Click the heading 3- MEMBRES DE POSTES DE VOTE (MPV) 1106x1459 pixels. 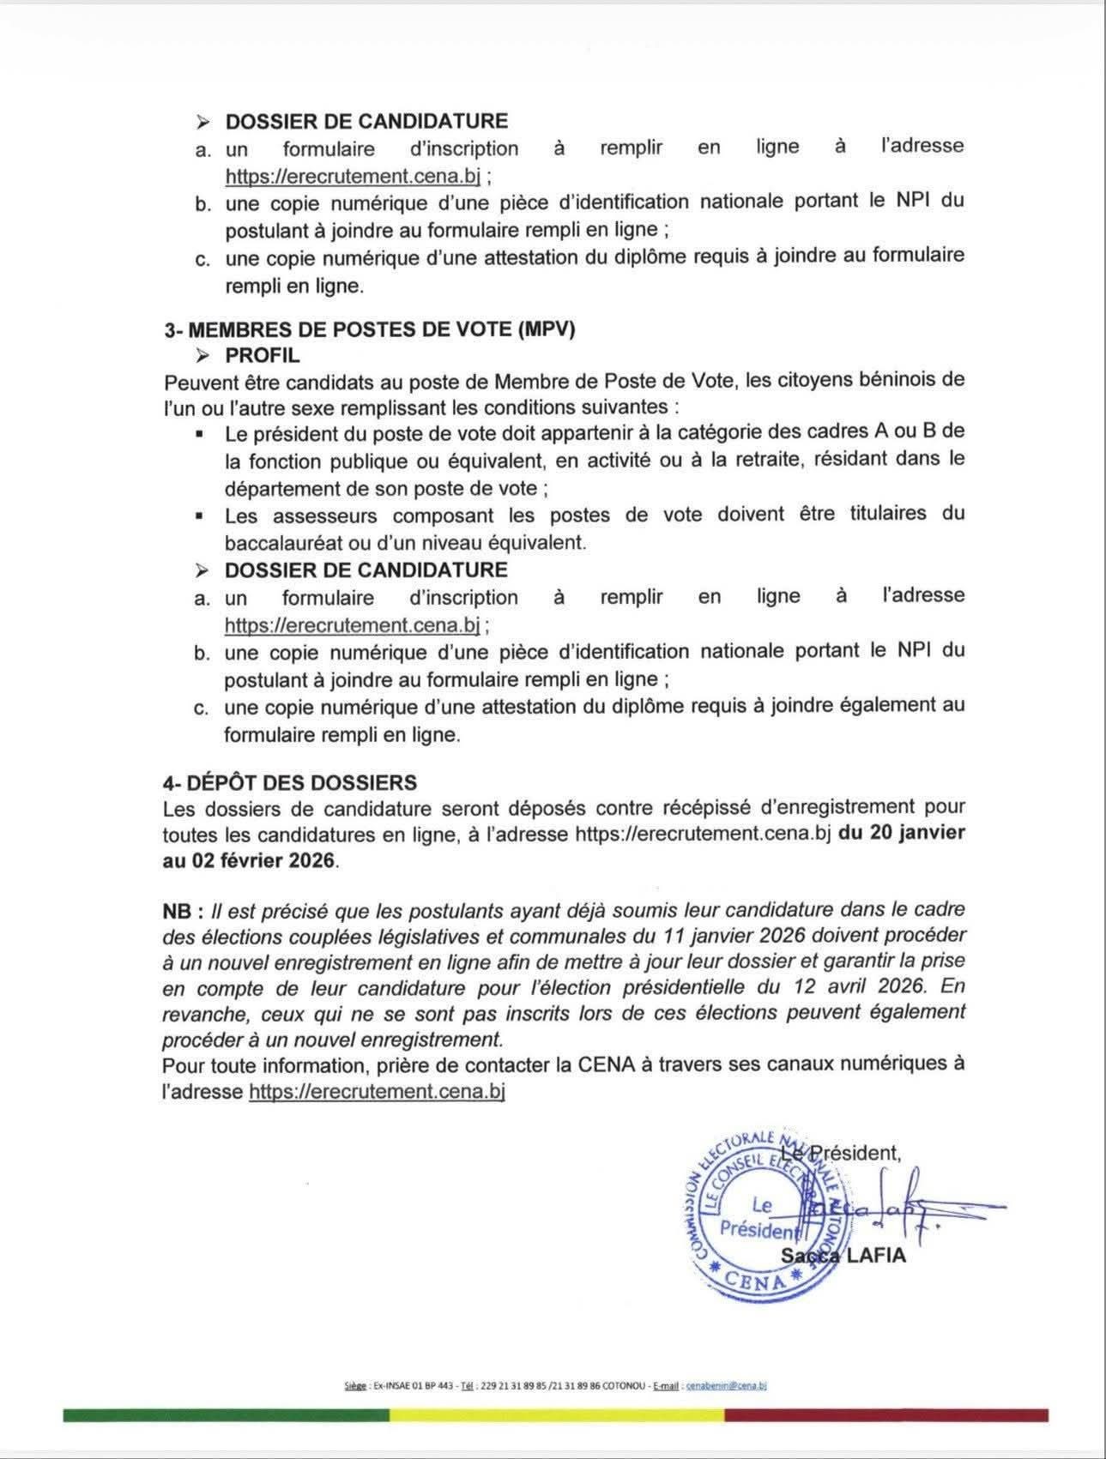369,329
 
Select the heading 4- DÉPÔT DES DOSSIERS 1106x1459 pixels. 289,782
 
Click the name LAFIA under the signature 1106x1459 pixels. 875,1256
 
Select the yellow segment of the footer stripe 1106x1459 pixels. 557,1414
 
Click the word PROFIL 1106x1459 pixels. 262,355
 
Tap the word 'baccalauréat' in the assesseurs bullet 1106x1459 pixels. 280,543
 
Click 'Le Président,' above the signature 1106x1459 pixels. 842,1153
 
